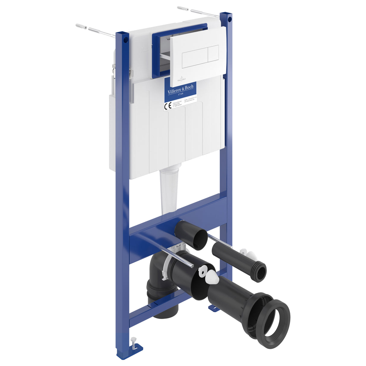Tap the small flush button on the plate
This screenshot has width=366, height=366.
pyautogui.click(x=213, y=53)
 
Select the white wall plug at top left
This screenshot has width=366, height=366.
pyautogui.click(x=81, y=27)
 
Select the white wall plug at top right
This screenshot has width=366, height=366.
pyautogui.click(x=183, y=8)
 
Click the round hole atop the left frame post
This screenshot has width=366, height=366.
pyautogui.click(x=126, y=39)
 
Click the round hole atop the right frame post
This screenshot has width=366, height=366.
pyautogui.click(x=230, y=19)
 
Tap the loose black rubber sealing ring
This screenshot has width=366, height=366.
pyautogui.click(x=276, y=320)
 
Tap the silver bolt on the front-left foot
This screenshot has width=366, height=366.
pyautogui.click(x=133, y=343)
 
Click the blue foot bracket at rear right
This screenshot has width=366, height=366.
pyautogui.click(x=213, y=308)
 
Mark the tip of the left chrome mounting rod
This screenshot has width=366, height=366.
pyautogui.click(x=191, y=266)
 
